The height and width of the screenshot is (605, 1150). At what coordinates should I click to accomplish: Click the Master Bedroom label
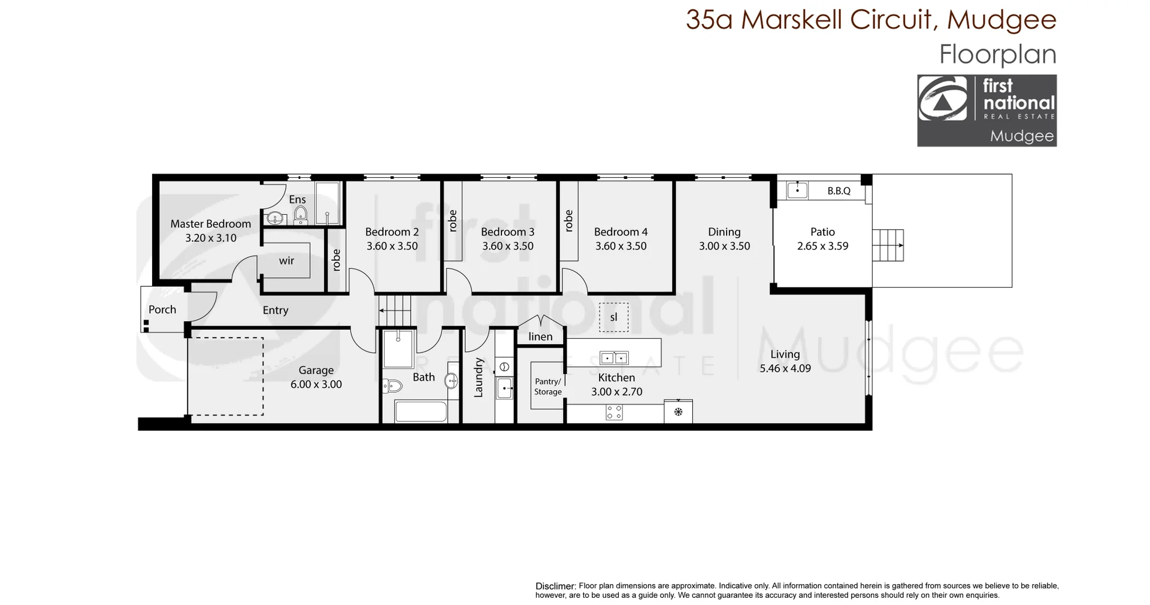(210, 224)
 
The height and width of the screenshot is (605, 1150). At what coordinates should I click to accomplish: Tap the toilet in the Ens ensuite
(300, 214)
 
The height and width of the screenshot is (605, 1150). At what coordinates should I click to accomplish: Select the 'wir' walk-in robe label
(286, 261)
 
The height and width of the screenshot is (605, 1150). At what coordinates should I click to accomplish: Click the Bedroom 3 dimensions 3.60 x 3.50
(507, 246)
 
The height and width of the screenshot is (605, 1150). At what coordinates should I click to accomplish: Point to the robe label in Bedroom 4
(568, 221)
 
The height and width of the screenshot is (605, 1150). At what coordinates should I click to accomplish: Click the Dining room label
(724, 232)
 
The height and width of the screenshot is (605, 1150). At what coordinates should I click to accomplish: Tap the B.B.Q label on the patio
(839, 191)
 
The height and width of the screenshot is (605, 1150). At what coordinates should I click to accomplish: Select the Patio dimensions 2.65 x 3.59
(822, 246)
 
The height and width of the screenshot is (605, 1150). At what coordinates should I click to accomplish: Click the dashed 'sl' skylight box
(613, 317)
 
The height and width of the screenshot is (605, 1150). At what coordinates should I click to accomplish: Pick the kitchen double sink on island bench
(614, 358)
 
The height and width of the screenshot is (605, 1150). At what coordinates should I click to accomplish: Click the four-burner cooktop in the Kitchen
(614, 412)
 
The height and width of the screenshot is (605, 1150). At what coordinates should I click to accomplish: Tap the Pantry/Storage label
(547, 387)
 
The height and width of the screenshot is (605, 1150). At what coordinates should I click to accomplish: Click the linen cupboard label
(540, 337)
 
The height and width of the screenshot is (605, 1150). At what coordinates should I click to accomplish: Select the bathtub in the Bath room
(420, 412)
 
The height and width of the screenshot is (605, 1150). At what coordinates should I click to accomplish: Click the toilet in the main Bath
(391, 386)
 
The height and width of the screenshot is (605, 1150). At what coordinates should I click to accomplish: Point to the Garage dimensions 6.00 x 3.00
(316, 385)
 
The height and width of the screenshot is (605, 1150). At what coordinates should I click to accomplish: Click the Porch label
(162, 309)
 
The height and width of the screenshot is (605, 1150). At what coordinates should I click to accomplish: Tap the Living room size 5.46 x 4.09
(785, 369)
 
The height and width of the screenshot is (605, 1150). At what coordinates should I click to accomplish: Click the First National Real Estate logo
(986, 111)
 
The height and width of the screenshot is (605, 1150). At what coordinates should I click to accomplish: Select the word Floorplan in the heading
(997, 54)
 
